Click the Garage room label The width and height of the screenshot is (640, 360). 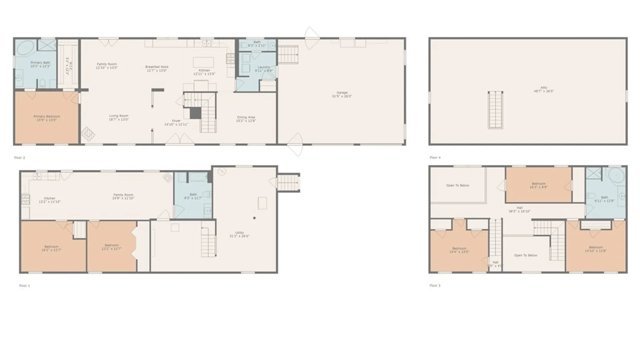click(x=342, y=94)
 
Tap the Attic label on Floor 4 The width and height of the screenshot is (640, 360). click(x=544, y=89)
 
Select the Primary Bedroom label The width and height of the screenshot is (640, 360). click(x=47, y=118)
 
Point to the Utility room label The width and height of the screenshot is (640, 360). click(x=239, y=234)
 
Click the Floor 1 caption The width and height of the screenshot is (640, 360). click(x=24, y=286)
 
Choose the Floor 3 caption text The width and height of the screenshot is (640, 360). click(x=435, y=286)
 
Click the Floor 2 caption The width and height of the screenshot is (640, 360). click(x=20, y=158)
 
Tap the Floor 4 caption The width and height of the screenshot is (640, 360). click(x=435, y=158)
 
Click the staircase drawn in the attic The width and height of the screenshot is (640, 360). click(x=495, y=110)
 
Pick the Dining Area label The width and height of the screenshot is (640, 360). click(x=246, y=119)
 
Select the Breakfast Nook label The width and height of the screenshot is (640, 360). click(x=157, y=69)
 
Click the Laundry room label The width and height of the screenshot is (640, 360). click(x=264, y=69)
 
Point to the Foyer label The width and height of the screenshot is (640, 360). click(x=176, y=123)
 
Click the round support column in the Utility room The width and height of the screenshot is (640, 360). click(x=254, y=218)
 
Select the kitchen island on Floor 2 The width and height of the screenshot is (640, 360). click(x=203, y=62)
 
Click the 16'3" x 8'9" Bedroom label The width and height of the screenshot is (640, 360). click(x=539, y=185)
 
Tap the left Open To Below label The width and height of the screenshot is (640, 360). click(x=457, y=185)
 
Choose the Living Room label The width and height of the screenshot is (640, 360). click(x=119, y=118)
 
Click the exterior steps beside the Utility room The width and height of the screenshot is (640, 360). click(x=288, y=183)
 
